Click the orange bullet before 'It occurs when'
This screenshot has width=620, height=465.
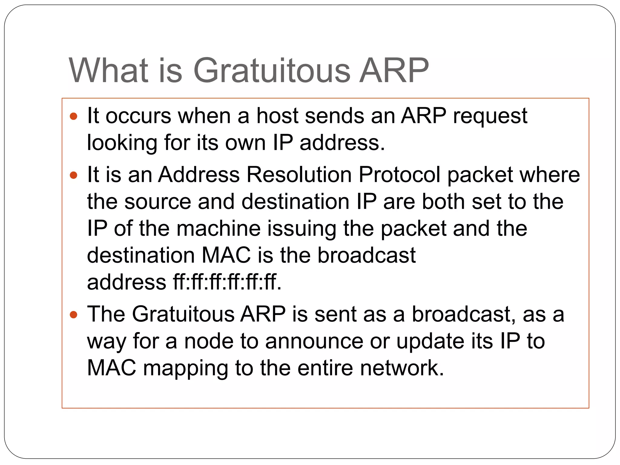(x=74, y=116)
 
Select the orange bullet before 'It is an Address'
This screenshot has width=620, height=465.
(x=74, y=175)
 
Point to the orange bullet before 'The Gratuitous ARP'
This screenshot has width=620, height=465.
(x=74, y=315)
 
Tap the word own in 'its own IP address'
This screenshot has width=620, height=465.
(x=245, y=143)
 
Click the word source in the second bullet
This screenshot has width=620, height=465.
(x=158, y=202)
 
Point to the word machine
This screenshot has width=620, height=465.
(x=219, y=229)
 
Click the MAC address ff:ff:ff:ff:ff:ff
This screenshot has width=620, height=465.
(x=227, y=282)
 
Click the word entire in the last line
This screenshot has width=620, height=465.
(x=325, y=368)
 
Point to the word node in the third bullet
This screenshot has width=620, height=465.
(x=209, y=341)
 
